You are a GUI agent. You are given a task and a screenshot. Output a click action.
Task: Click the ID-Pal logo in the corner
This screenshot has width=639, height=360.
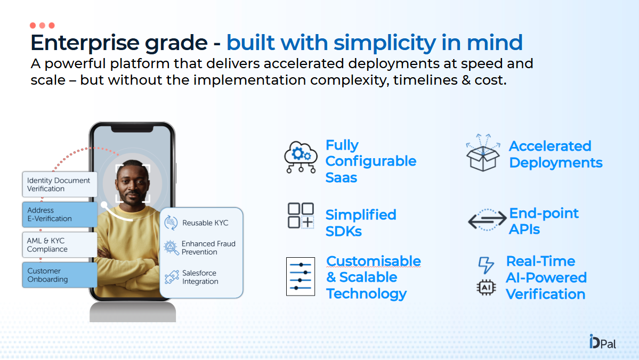tap(603, 342)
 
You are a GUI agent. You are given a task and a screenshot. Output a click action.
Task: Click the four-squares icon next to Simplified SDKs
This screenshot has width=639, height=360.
tap(301, 216)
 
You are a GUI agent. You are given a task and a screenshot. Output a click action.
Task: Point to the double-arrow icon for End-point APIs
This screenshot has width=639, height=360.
tap(487, 220)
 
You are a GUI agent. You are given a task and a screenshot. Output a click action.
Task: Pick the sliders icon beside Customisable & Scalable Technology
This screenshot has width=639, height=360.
tap(301, 276)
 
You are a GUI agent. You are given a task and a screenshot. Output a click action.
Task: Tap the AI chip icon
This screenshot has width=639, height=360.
tap(486, 288)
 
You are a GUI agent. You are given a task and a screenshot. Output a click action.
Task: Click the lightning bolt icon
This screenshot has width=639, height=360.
tap(486, 265)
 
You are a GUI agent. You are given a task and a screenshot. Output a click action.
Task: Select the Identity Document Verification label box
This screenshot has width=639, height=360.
tap(60, 184)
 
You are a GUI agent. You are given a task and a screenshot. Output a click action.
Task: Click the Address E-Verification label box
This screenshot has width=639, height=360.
tap(60, 214)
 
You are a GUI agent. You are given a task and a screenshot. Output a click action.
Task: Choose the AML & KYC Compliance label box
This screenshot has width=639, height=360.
tap(60, 245)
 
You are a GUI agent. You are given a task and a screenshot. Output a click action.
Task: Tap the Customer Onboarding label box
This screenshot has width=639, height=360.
tap(60, 275)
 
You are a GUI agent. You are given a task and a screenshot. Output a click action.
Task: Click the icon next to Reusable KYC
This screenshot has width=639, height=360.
tap(171, 223)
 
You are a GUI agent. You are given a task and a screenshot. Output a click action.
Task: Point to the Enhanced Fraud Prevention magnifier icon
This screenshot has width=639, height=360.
tap(171, 248)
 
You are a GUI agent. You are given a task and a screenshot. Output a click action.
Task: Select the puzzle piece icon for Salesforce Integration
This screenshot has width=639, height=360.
tap(172, 277)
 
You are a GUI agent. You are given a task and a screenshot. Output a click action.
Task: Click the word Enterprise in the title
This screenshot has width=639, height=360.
tap(85, 43)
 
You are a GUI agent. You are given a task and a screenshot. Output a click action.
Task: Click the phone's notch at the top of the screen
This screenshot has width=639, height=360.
tap(133, 129)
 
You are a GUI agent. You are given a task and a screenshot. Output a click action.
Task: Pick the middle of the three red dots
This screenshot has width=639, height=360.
tap(43, 26)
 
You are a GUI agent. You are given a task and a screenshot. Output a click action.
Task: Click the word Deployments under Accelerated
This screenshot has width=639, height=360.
tap(556, 163)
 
